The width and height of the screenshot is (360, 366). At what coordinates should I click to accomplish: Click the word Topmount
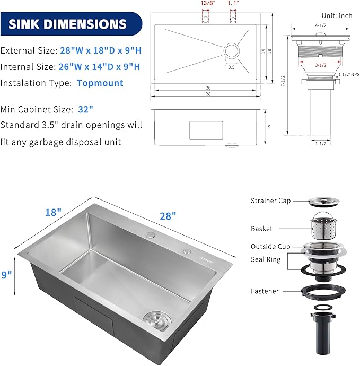tap(100, 83)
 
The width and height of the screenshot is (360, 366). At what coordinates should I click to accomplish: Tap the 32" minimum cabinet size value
tap(84, 109)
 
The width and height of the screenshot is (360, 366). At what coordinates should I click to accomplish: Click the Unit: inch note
tap(337, 16)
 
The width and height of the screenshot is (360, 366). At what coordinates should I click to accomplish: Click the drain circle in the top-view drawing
tap(231, 51)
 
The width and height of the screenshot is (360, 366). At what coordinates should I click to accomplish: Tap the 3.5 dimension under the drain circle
tap(231, 67)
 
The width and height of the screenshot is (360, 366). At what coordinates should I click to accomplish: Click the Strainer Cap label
tap(271, 201)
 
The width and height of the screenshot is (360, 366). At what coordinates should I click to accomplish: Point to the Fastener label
tap(265, 291)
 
